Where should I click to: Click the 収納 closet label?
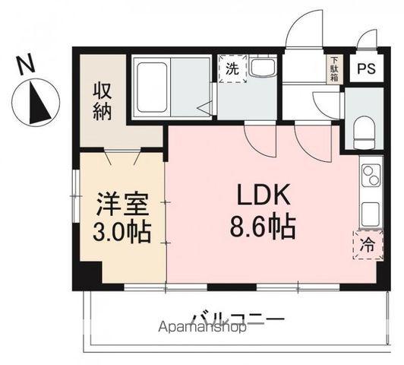click(104, 101)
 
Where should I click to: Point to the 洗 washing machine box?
click(232, 68)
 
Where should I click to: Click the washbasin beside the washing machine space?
click(264, 68)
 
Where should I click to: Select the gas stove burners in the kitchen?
click(371, 177)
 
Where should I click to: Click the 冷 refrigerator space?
click(368, 245)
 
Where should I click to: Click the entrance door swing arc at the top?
click(305, 30)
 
